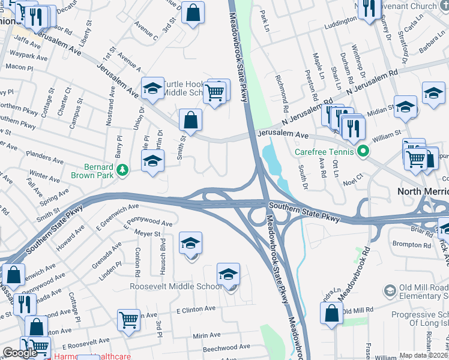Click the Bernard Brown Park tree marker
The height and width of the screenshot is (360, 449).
[x=123, y=170]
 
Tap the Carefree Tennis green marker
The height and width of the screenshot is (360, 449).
[x=363, y=151]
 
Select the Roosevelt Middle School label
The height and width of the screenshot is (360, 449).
[x=176, y=286]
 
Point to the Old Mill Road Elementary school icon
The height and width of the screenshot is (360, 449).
[x=390, y=291]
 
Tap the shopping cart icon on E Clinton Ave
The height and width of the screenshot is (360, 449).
[x=129, y=319]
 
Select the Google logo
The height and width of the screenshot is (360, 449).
[x=19, y=353]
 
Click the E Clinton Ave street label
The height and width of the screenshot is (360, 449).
[x=196, y=309]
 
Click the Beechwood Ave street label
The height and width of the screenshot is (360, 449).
[x=226, y=347]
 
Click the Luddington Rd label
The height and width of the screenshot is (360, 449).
[x=344, y=25]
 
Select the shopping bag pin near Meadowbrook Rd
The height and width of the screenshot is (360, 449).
[x=332, y=313]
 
